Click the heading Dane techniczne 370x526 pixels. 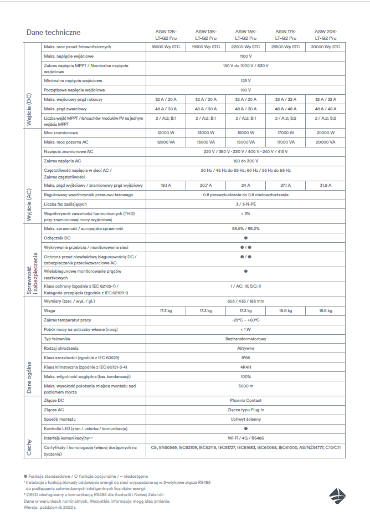tap(53, 33)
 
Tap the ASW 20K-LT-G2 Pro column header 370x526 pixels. tap(325, 35)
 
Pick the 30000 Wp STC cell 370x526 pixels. tap(325, 47)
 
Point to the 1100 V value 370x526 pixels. tap(245, 57)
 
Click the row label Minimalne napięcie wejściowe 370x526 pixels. tap(74, 80)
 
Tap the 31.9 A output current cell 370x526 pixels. tap(325, 185)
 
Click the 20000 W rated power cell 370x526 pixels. tap(325, 133)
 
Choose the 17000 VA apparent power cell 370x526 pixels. tap(285, 142)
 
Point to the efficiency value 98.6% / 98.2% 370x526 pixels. tap(245, 228)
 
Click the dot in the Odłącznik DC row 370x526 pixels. tap(245, 238)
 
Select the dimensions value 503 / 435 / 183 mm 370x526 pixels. tap(245, 301)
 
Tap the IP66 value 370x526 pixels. tap(245, 358)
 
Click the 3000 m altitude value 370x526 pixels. tap(245, 386)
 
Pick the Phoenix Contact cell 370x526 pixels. tap(245, 400)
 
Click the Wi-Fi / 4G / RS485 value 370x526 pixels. tap(245, 437)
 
